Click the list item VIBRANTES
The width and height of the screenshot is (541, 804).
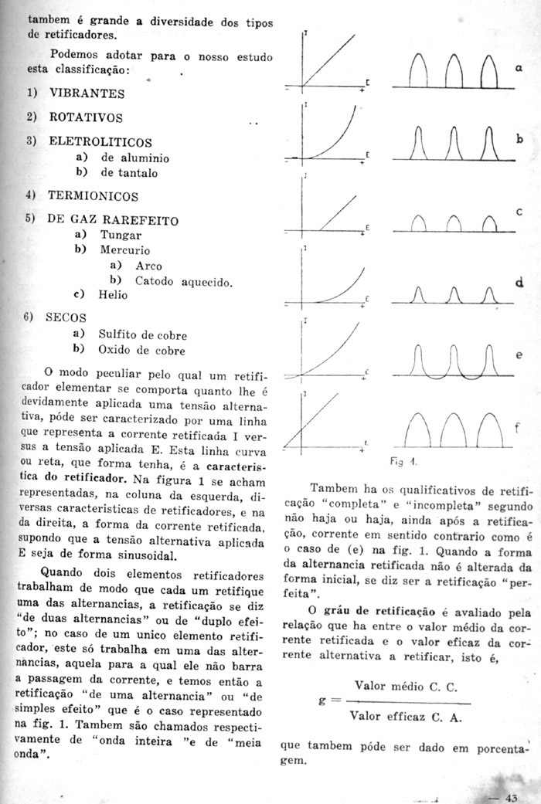pyautogui.click(x=87, y=93)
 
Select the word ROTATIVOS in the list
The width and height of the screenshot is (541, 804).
pyautogui.click(x=85, y=118)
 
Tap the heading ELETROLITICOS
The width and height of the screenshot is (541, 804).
pyautogui.click(x=100, y=143)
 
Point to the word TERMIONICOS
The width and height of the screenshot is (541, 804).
pyautogui.click(x=93, y=196)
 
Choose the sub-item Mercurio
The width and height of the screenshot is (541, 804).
pyautogui.click(x=124, y=250)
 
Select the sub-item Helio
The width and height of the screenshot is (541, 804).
pyautogui.click(x=113, y=294)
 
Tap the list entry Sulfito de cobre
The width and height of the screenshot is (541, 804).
pyautogui.click(x=142, y=335)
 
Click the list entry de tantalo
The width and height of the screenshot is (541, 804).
pyautogui.click(x=128, y=173)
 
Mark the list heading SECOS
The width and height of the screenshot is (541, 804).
pyautogui.click(x=67, y=317)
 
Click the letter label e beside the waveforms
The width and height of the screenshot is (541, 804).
pyautogui.click(x=518, y=355)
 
